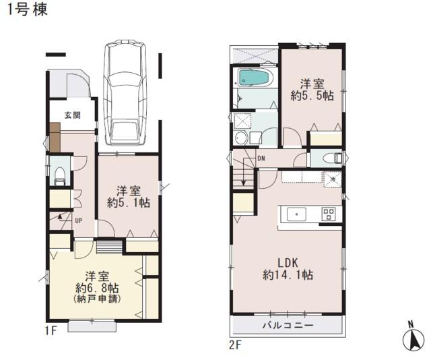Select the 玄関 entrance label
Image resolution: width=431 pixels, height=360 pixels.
(x=73, y=115)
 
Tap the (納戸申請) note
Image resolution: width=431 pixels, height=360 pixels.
(x=98, y=299)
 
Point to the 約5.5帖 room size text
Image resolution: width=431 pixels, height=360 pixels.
(x=312, y=96)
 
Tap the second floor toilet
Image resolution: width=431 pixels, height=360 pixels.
(x=332, y=158)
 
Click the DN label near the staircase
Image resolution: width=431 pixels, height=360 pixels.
(x=261, y=159)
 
